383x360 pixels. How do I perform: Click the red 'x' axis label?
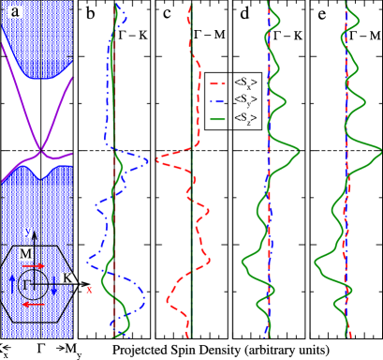89,291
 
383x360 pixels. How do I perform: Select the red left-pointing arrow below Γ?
35,305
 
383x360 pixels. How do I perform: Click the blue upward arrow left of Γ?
15,284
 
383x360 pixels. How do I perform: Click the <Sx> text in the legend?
243,80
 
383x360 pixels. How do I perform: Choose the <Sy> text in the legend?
243,98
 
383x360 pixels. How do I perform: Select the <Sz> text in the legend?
243,117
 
